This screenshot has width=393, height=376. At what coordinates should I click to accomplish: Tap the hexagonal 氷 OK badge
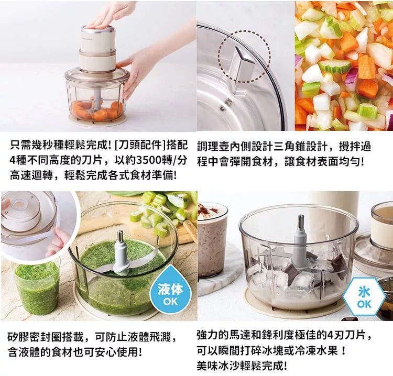(364, 296)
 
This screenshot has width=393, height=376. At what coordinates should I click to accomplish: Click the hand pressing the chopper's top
(108, 15)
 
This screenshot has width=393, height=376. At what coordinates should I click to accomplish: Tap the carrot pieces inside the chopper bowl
(96, 109)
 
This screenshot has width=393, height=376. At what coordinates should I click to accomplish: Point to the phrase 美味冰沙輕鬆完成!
(242, 366)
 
